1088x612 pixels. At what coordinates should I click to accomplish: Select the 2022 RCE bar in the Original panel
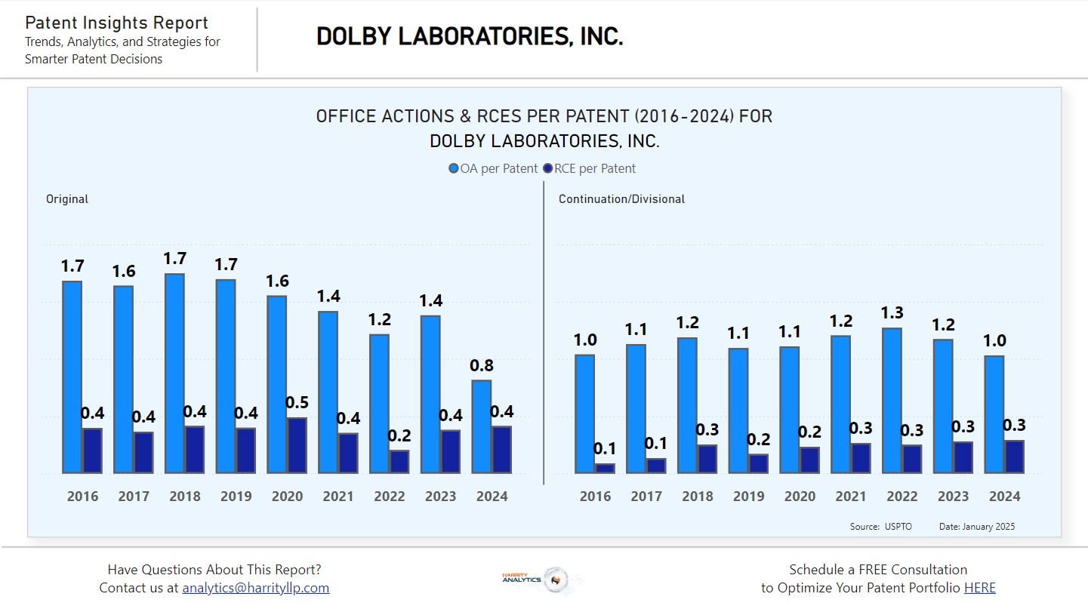(399, 462)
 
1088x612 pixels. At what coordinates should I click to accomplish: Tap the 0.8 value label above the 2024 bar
(482, 366)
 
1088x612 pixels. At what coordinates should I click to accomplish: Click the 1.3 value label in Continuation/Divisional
(892, 313)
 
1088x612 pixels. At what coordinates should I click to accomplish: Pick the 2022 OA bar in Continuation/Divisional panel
(892, 401)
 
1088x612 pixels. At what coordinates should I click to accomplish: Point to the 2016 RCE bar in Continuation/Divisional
(605, 469)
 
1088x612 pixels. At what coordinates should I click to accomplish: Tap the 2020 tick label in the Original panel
(288, 497)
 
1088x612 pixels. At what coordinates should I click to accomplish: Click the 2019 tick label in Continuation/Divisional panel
(749, 497)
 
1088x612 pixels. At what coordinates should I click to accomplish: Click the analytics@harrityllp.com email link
(256, 588)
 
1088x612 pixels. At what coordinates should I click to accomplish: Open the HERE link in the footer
(979, 588)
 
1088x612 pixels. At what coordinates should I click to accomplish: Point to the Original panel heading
(67, 199)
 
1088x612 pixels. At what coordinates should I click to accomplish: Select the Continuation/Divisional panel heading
(621, 199)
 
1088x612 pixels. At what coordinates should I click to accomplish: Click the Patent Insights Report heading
(116, 23)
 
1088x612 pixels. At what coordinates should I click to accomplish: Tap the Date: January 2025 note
(976, 527)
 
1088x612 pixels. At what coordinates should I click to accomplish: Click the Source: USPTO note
(880, 527)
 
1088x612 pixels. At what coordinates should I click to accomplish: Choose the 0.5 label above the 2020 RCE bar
(297, 402)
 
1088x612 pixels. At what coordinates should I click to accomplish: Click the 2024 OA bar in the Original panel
(482, 426)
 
